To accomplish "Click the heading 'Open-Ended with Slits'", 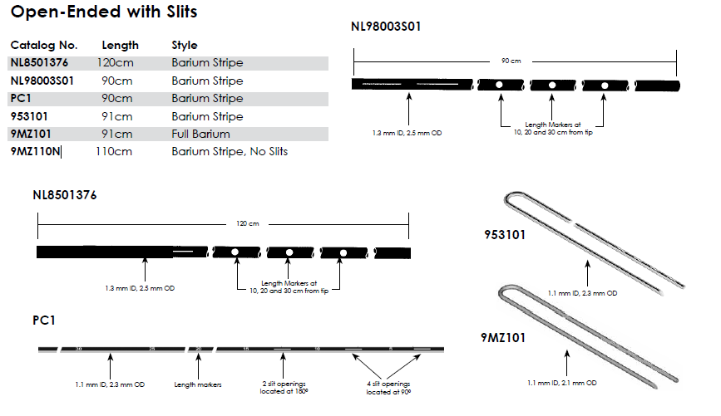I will (104, 14).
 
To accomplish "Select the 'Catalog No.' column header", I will (44, 45).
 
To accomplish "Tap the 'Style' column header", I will (185, 45).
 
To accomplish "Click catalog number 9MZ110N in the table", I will (36, 152).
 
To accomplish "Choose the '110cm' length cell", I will (117, 152).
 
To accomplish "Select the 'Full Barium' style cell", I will (200, 134).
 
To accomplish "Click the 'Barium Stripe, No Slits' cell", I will (230, 152).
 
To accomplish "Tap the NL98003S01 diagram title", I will (387, 27).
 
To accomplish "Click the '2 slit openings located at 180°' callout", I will (284, 388).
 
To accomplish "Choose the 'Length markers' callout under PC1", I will (197, 384).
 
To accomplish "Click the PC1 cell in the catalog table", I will (21, 99).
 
